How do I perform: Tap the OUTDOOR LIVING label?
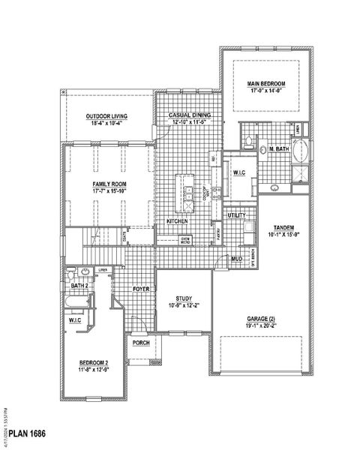coord(106,116)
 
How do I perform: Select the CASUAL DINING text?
coord(189,115)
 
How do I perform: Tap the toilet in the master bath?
coord(248,140)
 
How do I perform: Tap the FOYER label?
coord(141,288)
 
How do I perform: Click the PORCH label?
coord(141,343)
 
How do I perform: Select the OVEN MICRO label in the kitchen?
coord(184,240)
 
